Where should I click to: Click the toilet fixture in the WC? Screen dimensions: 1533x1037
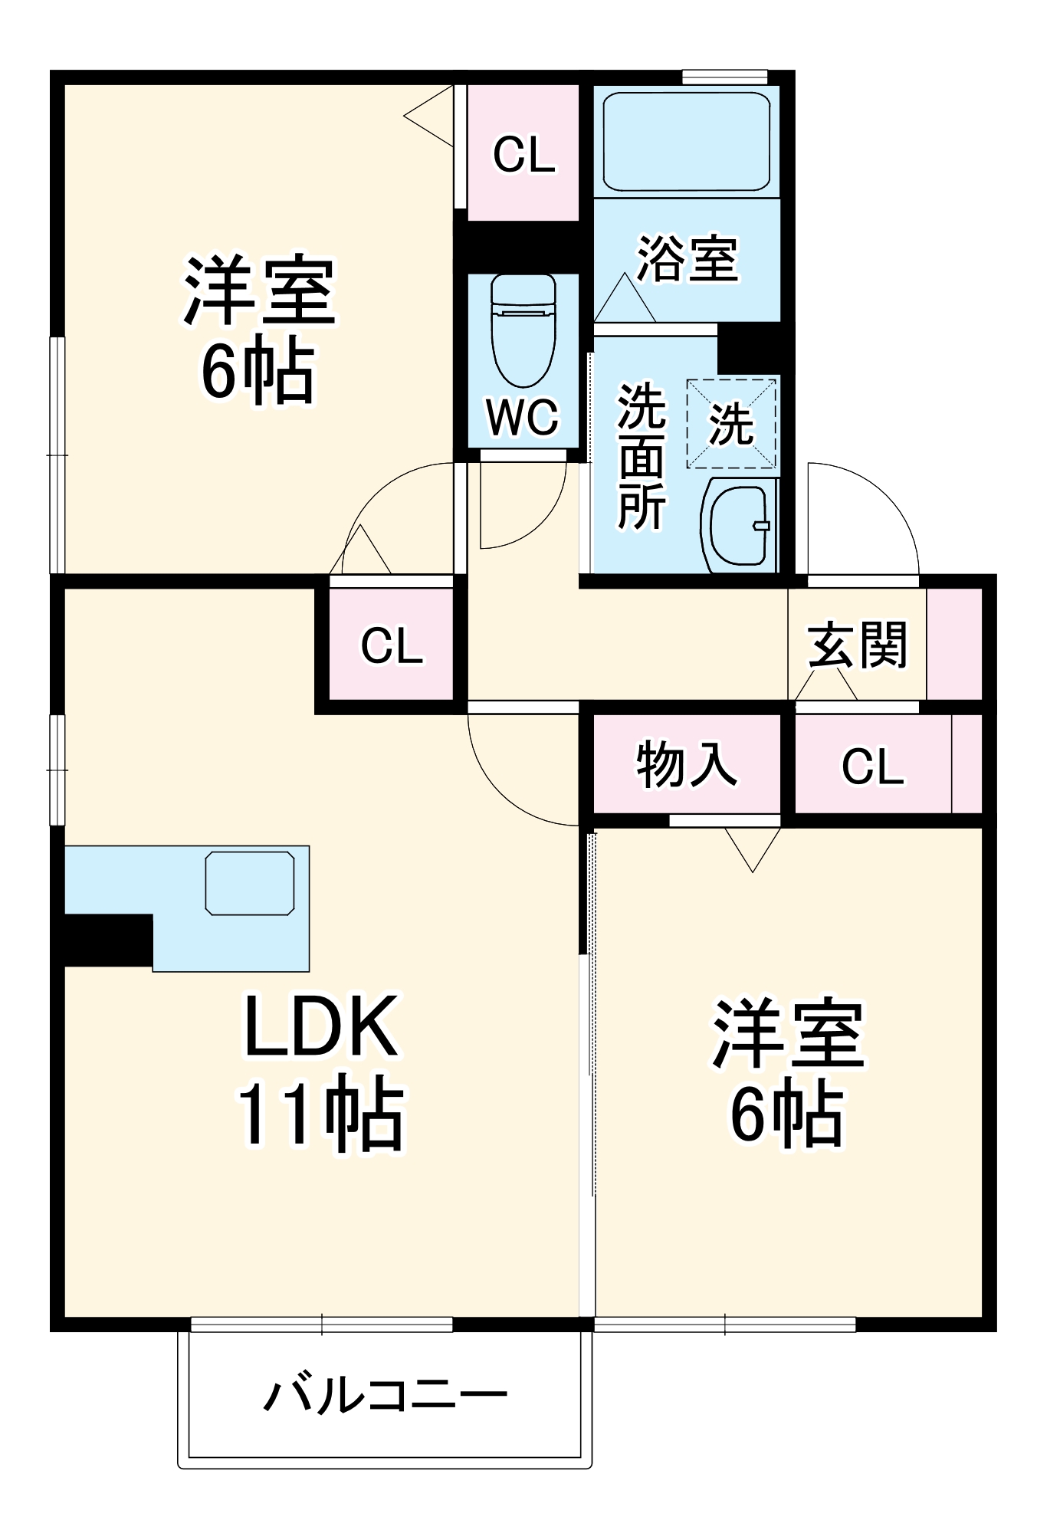[523, 330]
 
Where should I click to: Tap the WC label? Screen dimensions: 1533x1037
[523, 417]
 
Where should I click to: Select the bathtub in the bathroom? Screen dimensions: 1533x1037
[686, 142]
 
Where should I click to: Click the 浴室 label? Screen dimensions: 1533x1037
[687, 258]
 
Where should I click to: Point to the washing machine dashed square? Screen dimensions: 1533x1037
[731, 423]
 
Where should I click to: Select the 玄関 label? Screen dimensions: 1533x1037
[857, 645]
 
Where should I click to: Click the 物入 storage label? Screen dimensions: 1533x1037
[686, 764]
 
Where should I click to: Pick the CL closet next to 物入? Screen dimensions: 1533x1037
[873, 765]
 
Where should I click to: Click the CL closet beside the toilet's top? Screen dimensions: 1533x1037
[523, 154]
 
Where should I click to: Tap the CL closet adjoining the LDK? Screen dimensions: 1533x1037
[392, 645]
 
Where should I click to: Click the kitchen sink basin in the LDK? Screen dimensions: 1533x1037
[250, 883]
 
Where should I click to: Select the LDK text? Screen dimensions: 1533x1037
[320, 1026]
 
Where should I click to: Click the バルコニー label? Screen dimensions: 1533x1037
[385, 1394]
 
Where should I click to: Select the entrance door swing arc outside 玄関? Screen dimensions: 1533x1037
[862, 517]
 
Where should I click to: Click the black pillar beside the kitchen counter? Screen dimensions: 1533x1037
[107, 940]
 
